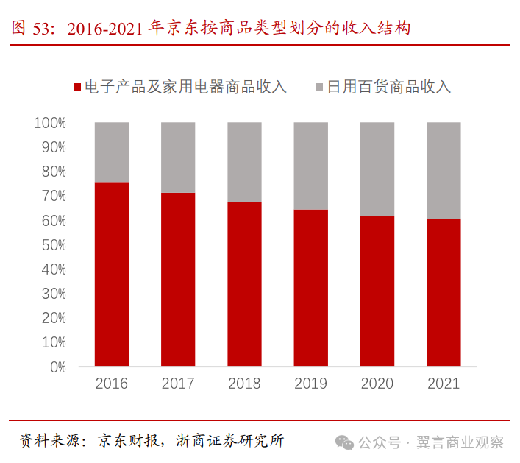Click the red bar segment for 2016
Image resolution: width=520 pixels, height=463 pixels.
(x=112, y=274)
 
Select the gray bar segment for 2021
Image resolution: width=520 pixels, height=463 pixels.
(x=444, y=170)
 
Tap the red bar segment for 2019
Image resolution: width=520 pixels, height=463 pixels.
(x=311, y=288)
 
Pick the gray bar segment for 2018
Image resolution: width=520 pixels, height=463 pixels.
(x=245, y=162)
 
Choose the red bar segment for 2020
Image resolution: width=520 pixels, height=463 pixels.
(x=377, y=291)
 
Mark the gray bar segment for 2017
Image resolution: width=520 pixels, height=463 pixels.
(x=178, y=157)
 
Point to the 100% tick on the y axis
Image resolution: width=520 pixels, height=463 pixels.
(x=50, y=123)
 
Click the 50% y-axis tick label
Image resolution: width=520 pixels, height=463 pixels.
(x=53, y=245)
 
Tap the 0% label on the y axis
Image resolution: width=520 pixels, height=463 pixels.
(x=57, y=367)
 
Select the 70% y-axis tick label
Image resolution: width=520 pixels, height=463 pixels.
(x=53, y=196)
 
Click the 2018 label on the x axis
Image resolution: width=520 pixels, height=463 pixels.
(x=245, y=384)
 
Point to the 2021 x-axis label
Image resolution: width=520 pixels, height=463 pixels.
(x=444, y=384)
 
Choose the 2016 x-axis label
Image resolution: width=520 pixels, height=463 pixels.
(x=112, y=384)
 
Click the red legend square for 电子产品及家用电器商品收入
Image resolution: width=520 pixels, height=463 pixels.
(x=76, y=87)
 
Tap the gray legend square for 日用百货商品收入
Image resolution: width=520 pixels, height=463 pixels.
(x=318, y=87)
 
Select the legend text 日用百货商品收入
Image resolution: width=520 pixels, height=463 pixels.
(x=388, y=87)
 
